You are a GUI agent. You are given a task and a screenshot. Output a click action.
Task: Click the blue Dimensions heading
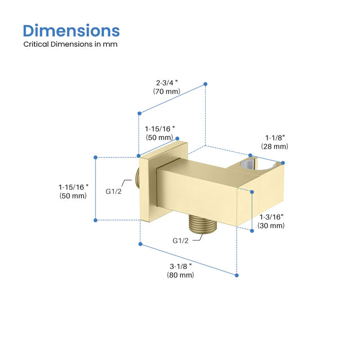(x=71, y=31)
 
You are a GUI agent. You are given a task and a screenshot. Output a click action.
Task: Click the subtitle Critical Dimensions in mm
(x=70, y=44)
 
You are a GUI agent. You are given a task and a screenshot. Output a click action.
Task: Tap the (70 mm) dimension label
(x=167, y=92)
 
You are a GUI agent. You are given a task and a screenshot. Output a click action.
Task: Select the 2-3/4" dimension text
(x=167, y=83)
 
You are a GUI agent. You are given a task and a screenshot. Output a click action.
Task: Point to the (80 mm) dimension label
(x=181, y=275)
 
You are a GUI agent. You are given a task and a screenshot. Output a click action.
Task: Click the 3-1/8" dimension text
(x=181, y=266)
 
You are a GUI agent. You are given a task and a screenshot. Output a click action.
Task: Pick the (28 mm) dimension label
(x=275, y=147)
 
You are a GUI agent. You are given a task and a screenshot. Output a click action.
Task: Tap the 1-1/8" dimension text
(x=275, y=138)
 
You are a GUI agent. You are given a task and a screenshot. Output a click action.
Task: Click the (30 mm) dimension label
(x=271, y=225)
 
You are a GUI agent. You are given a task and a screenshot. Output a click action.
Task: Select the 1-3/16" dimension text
(x=272, y=217)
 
